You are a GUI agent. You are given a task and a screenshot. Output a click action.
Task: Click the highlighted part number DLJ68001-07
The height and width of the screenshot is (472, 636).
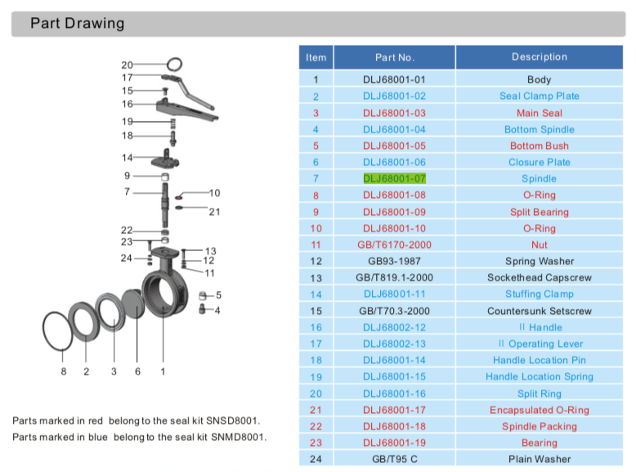point(394,178)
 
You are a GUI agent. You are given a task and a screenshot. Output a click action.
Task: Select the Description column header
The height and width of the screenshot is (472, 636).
point(539,57)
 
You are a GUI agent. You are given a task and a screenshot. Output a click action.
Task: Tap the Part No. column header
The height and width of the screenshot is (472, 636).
point(394,57)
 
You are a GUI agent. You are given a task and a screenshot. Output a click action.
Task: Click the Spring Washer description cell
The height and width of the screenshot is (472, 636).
point(539,261)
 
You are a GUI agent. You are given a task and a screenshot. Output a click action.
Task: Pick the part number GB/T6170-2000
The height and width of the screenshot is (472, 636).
point(394,245)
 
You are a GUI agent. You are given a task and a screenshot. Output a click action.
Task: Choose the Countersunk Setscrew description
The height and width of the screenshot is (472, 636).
point(539,311)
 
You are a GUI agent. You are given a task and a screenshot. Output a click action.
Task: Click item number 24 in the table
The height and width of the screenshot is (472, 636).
point(316,459)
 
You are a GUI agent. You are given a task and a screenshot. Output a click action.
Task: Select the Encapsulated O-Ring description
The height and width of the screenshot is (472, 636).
point(539,410)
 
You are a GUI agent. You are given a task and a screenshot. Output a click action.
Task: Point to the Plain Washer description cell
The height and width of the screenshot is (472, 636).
point(539,459)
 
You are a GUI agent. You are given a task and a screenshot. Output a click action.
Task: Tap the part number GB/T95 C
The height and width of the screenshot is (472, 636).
point(394,459)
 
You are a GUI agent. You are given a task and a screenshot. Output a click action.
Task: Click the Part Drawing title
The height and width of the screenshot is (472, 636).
point(78,23)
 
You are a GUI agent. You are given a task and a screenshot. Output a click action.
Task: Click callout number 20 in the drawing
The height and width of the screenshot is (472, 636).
point(127,65)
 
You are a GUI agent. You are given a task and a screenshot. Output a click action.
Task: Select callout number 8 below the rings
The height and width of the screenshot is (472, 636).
point(64,372)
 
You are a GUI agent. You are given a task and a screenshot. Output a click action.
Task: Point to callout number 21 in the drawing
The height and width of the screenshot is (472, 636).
point(215,212)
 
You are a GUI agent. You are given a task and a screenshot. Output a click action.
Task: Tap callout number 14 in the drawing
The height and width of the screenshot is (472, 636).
point(127,157)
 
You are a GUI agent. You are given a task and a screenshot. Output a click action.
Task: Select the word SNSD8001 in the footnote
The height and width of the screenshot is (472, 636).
point(235,420)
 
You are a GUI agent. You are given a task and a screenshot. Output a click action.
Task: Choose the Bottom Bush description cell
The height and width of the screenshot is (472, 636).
point(539,146)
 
